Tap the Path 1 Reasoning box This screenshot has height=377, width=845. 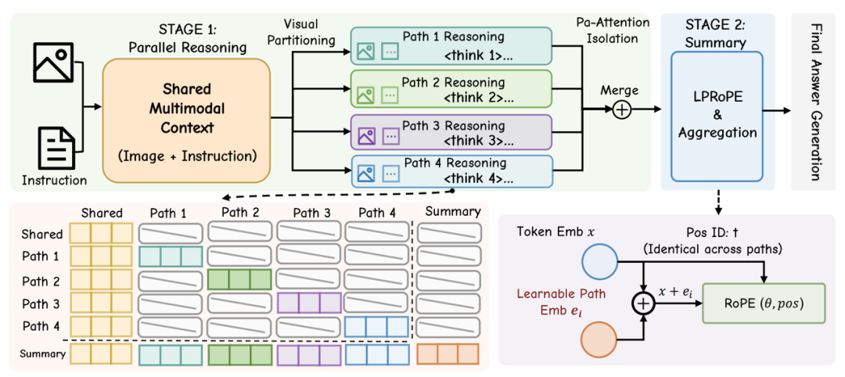[451, 46]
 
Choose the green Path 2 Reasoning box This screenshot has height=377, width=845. [451, 88]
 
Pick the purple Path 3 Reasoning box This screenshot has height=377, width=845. [451, 131]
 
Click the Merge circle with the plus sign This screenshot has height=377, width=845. [622, 110]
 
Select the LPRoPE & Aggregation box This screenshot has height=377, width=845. [717, 116]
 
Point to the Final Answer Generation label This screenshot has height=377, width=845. [813, 102]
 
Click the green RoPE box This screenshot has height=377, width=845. [764, 303]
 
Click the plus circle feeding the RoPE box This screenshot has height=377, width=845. [643, 303]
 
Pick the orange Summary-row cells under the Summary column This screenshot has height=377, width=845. [448, 354]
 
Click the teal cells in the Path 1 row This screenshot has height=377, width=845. [171, 257]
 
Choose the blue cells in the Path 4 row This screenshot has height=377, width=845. [376, 327]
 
